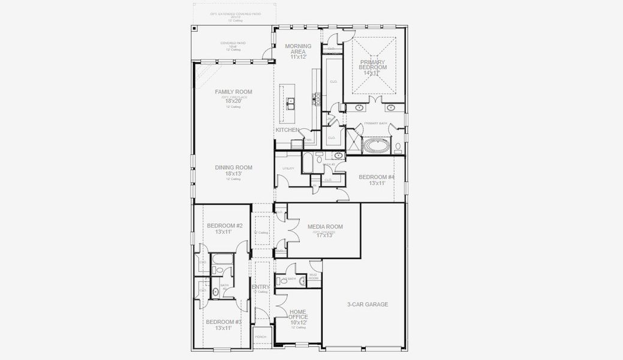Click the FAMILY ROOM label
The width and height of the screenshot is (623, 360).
233,92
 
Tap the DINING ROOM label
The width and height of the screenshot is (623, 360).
233,167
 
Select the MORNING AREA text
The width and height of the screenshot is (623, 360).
298,49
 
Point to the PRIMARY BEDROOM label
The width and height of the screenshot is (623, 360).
373,65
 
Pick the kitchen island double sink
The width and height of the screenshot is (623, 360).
290,104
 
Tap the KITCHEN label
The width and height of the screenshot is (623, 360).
287,130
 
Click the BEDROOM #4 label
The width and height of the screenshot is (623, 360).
377,177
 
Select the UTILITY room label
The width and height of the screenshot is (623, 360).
288,169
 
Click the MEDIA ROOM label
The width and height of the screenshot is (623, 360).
325,227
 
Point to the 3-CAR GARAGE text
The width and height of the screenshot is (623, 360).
368,304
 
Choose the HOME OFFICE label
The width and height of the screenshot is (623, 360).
298,314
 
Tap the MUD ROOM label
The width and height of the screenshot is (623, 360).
314,278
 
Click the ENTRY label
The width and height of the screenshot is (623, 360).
260,287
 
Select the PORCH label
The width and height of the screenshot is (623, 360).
260,337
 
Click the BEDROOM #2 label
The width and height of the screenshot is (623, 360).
224,226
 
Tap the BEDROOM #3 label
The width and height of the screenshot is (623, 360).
224,322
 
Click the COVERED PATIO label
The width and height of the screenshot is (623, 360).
233,43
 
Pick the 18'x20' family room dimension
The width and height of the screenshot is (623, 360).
233,101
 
